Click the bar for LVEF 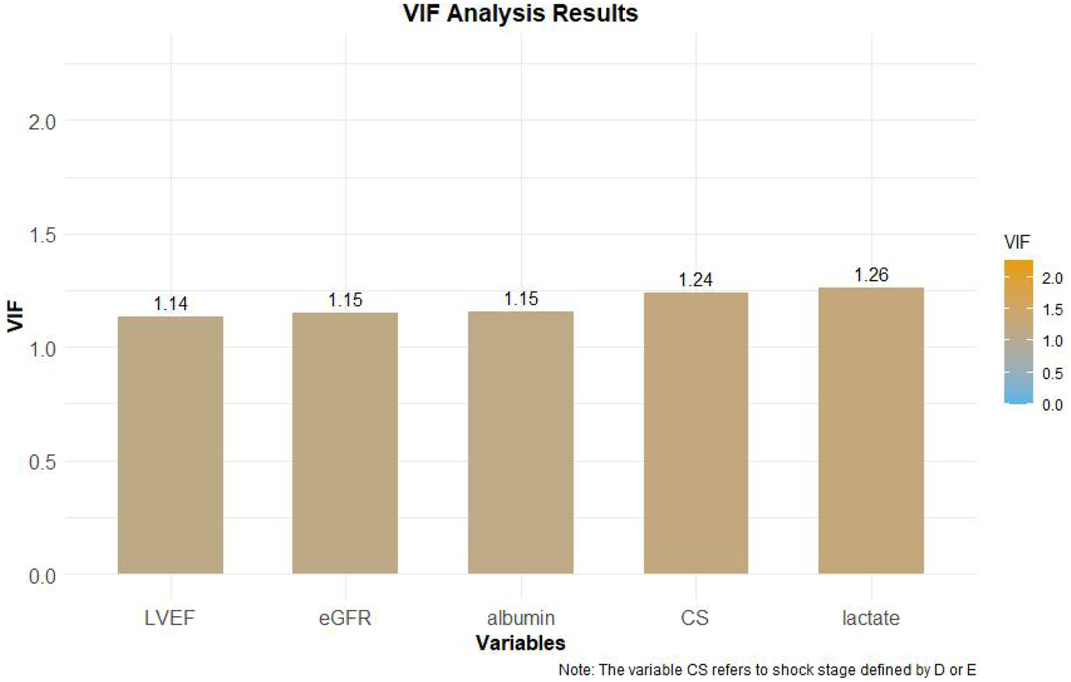coord(170,445)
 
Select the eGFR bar coord(345,443)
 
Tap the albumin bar coord(521,443)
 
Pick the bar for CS coord(696,433)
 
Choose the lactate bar coord(871,430)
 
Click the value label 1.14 coord(170,304)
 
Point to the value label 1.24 coord(696,280)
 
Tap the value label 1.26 coord(871,275)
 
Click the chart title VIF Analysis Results coord(521,14)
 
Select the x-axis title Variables coord(521,643)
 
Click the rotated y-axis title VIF coord(15,318)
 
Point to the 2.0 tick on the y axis coord(42,121)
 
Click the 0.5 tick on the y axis coord(42,462)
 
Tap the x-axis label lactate coord(871,618)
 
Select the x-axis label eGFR coord(345,618)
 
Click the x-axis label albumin coord(521,618)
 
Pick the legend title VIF coord(1016,242)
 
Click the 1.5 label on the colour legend coord(1052,310)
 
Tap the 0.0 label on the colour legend coord(1052,405)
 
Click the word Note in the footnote coord(575,670)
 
